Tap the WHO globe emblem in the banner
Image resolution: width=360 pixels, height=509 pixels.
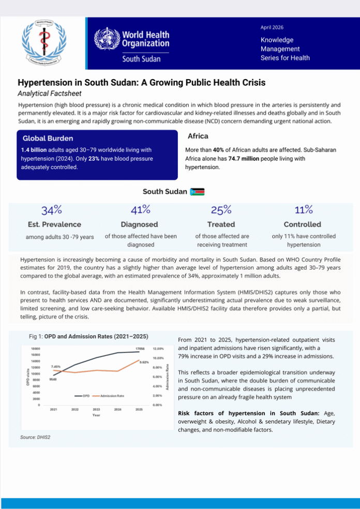point(106,40)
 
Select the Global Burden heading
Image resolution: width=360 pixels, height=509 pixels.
point(48,138)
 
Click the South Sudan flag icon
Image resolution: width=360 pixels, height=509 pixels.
point(198,192)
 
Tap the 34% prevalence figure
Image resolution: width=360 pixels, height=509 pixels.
point(52,210)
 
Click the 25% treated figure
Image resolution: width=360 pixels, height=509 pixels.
point(221,210)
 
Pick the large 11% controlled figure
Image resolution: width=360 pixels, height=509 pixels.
point(303,210)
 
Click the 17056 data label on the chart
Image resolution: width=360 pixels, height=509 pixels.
point(141,349)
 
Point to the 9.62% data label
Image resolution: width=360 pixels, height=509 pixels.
point(144,362)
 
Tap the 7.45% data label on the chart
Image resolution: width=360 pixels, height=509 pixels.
point(56,366)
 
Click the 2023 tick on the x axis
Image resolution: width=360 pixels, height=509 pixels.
point(96,409)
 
